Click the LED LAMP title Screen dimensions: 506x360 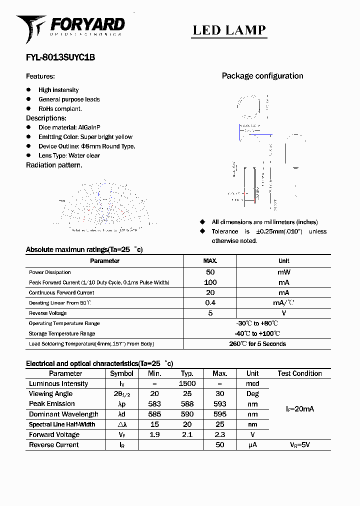(x=229, y=30)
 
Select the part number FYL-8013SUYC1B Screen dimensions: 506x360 (x=60, y=57)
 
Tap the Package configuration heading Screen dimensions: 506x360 (x=262, y=76)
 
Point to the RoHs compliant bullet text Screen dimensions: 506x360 (x=60, y=108)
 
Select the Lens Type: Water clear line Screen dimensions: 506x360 (x=69, y=155)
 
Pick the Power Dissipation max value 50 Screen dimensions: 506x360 (x=210, y=272)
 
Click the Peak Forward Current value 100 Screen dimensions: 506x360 (x=210, y=282)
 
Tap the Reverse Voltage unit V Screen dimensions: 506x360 (x=283, y=313)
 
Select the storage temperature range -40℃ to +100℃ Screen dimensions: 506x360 (x=257, y=333)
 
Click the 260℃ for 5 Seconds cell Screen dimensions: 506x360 (x=257, y=344)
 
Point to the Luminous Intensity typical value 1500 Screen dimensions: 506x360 (x=187, y=383)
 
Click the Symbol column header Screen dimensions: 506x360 (x=121, y=373)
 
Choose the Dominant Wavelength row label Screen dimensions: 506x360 (x=63, y=414)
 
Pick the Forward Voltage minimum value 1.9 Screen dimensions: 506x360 (x=154, y=434)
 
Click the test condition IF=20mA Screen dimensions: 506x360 (x=300, y=409)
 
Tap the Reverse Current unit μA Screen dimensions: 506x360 (x=252, y=444)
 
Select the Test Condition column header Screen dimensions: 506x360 (x=300, y=373)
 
